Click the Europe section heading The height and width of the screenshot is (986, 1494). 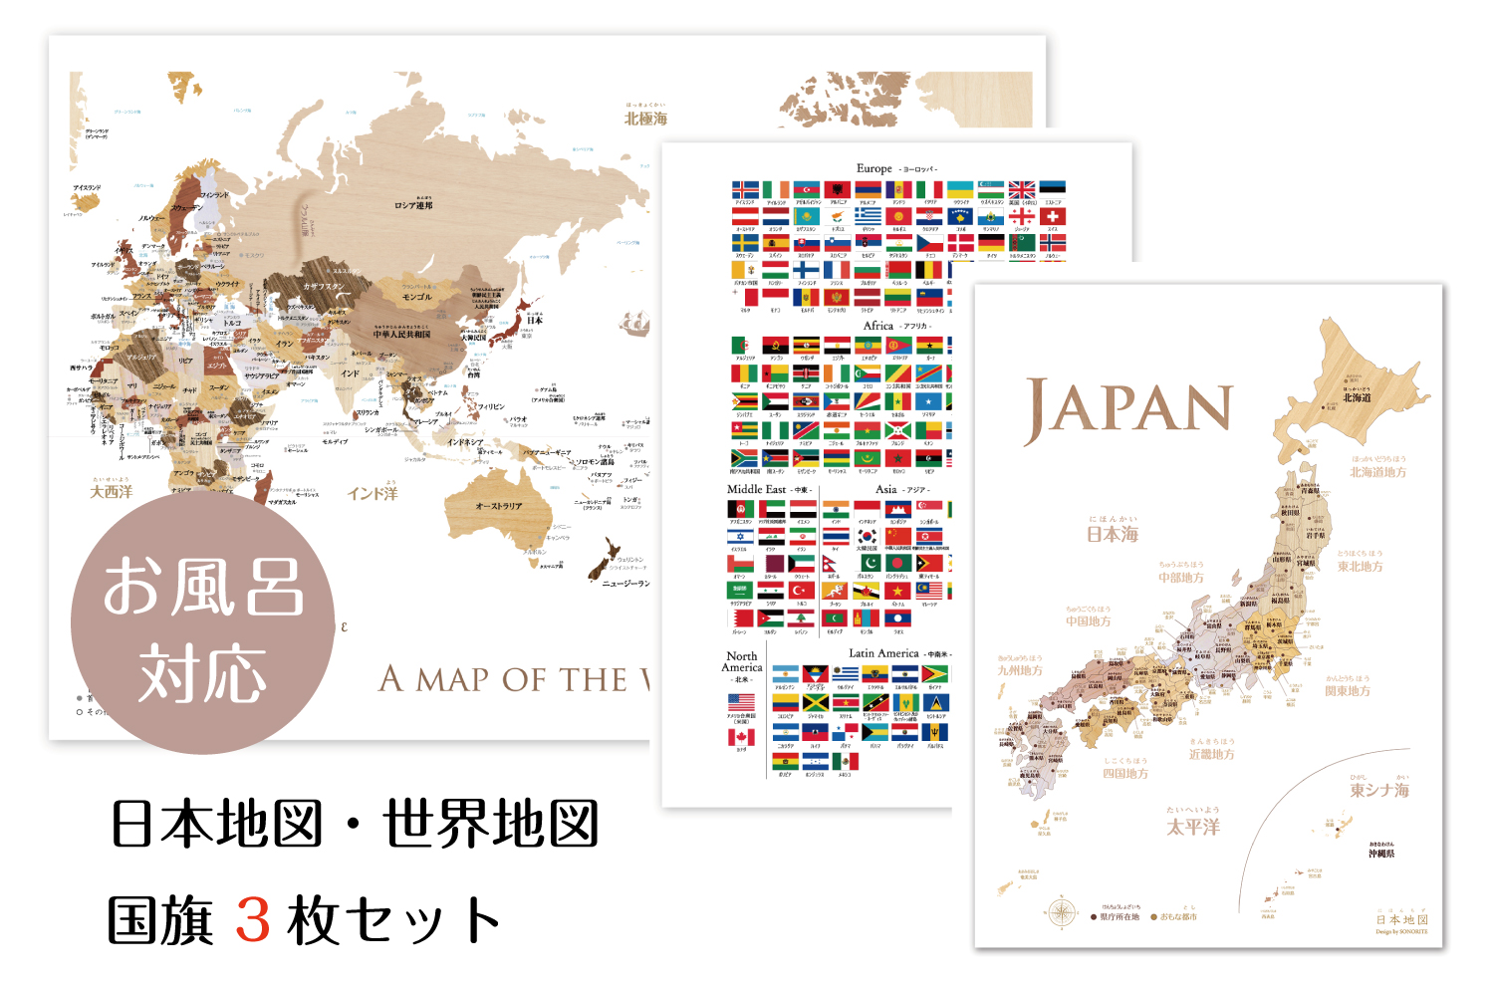pos(873,168)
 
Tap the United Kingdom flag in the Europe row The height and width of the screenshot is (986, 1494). pos(1022,190)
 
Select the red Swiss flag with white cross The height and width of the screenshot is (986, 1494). pos(1053,216)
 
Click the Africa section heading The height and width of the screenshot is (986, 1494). pos(877,326)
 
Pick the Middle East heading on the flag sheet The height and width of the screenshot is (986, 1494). pos(757,489)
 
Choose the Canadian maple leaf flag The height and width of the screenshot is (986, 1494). pos(741,737)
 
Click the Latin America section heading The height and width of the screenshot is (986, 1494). pos(883,653)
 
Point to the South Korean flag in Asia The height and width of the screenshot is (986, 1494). pos(867,537)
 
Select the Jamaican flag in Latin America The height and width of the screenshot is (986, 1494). pos(816,703)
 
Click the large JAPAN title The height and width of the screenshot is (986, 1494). pos(1128,409)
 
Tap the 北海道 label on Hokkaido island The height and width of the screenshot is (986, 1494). pos(1357,397)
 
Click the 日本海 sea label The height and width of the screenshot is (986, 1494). pos(1113,534)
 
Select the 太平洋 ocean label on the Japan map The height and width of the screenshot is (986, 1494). pos(1193,827)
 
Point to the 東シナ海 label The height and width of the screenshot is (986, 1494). pos(1379,790)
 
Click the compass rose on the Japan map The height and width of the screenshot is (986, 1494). pos(1062,911)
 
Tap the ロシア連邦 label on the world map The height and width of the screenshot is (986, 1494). pos(413,206)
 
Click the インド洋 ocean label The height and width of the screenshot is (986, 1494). pos(373,493)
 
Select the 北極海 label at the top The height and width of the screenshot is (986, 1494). pos(645,119)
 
